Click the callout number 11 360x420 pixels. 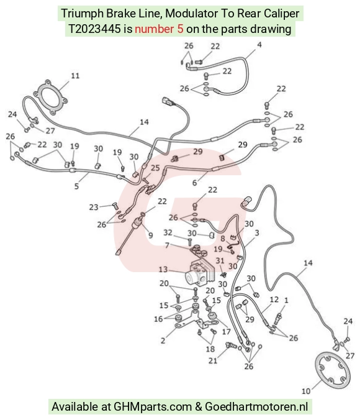(x=75, y=76)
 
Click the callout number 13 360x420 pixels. (x=163, y=269)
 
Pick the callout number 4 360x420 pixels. (x=259, y=45)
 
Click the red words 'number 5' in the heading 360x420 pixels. (x=159, y=29)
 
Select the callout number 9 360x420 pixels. (x=151, y=235)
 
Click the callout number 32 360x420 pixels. (x=168, y=232)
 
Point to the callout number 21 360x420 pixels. (x=213, y=361)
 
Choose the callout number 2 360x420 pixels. (x=163, y=340)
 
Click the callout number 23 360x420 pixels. (x=94, y=208)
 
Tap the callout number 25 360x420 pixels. (x=155, y=168)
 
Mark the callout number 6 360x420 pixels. (x=195, y=183)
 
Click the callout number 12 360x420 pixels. (x=274, y=299)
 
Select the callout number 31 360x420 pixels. (x=220, y=260)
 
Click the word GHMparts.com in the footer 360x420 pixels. (x=153, y=406)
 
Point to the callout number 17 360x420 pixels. (x=226, y=332)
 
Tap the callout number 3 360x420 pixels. (x=257, y=233)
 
